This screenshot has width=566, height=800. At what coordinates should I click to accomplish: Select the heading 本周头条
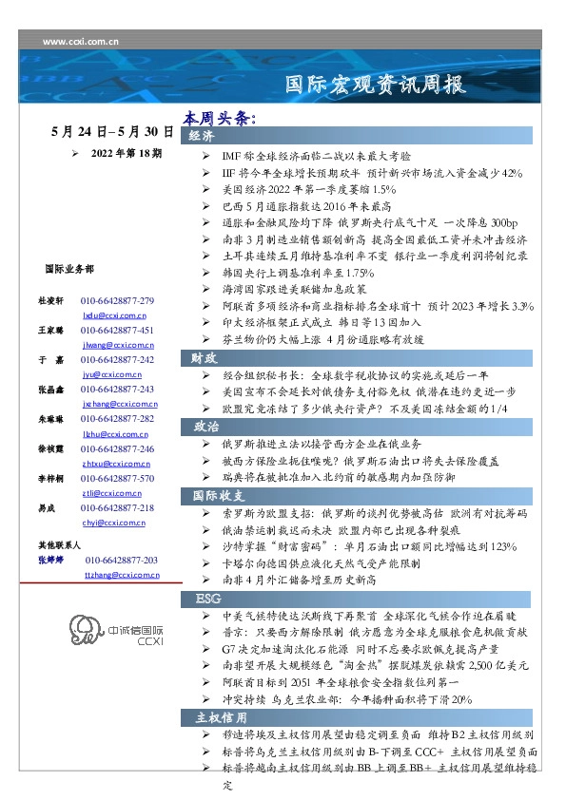(x=220, y=119)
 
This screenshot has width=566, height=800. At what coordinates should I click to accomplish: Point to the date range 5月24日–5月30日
(x=112, y=132)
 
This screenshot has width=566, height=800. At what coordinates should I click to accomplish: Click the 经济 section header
(x=202, y=137)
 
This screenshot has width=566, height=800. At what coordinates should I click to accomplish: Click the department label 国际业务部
(x=69, y=270)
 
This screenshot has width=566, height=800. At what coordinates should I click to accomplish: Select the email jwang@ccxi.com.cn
(x=113, y=345)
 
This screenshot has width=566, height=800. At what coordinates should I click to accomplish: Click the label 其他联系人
(x=58, y=546)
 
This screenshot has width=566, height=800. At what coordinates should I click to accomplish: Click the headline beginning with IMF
(x=314, y=154)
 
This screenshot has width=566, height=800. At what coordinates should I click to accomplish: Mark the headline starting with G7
(x=371, y=647)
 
